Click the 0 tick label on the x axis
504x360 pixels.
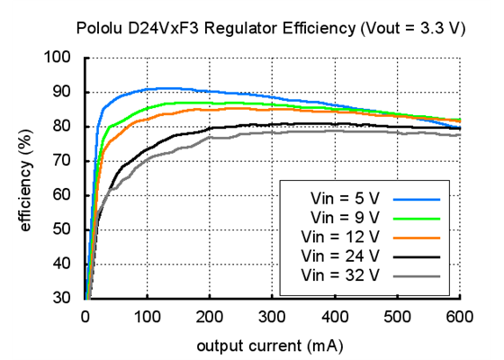click(85, 316)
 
